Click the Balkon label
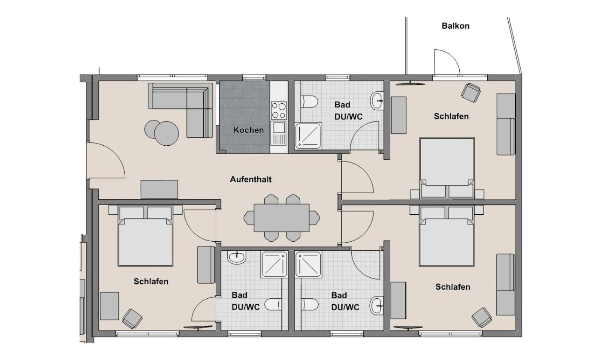click(x=455, y=26)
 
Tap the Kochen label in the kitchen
click(x=248, y=130)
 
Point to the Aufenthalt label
click(x=251, y=179)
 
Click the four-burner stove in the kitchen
click(x=279, y=110)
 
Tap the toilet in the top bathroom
click(x=310, y=101)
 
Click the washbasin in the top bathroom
click(x=377, y=101)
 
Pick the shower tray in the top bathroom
click(x=308, y=136)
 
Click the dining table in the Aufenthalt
click(x=282, y=218)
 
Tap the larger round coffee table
click(x=166, y=134)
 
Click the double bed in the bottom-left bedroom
click(x=145, y=236)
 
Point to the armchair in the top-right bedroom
click(x=471, y=93)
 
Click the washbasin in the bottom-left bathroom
click(x=237, y=258)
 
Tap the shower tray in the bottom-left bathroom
click(x=274, y=264)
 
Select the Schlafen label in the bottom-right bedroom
click(x=452, y=287)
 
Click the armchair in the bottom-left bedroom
click(x=132, y=319)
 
